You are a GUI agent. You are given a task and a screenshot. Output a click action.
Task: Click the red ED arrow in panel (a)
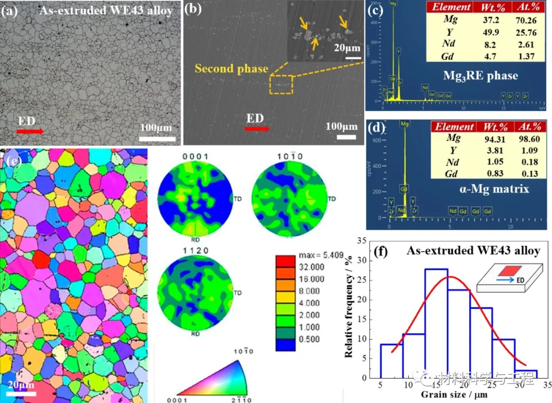tap(30, 132)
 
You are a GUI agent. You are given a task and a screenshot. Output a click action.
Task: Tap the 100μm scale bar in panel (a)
tap(157, 138)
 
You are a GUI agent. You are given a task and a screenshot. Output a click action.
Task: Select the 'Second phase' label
tap(231, 68)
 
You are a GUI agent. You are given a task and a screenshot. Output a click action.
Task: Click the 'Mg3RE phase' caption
tap(481, 76)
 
